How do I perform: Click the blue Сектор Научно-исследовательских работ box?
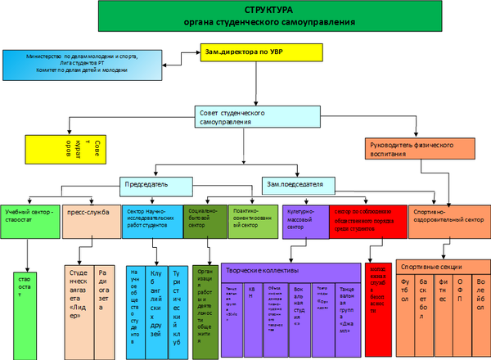coord(152,219)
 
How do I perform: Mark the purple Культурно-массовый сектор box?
coord(304,219)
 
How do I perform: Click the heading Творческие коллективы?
coord(262,271)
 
